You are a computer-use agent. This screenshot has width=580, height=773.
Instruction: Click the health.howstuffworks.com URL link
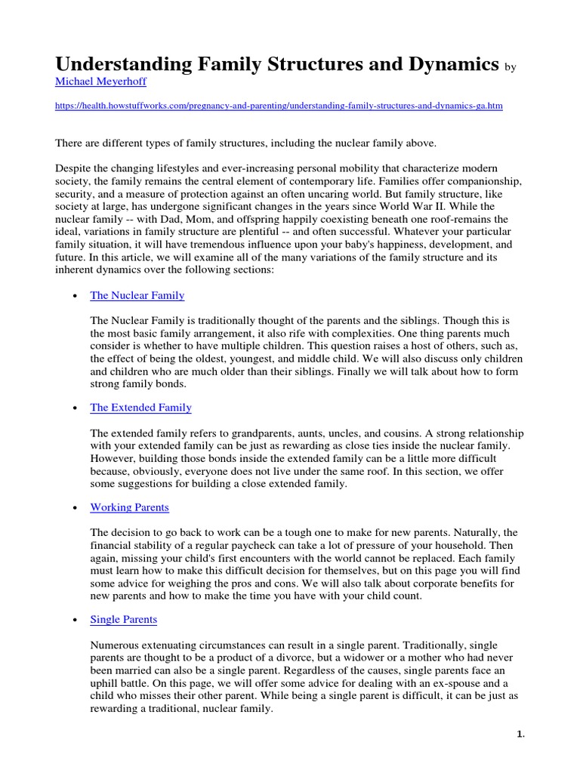pos(279,106)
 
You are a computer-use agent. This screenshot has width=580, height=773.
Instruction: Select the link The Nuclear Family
pos(137,295)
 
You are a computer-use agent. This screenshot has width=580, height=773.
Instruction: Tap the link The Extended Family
pos(140,407)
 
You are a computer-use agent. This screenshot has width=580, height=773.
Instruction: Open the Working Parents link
pos(129,507)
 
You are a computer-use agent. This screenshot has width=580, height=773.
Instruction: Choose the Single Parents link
pos(124,619)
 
